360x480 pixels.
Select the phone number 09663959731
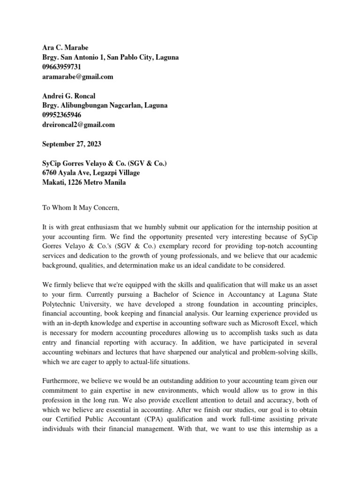click(x=61, y=67)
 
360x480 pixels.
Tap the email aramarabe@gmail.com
click(x=77, y=77)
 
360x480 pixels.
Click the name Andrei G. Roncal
click(x=68, y=96)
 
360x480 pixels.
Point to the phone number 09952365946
click(x=61, y=115)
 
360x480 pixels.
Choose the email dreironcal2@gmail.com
click(x=78, y=125)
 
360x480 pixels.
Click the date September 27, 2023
click(x=71, y=144)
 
